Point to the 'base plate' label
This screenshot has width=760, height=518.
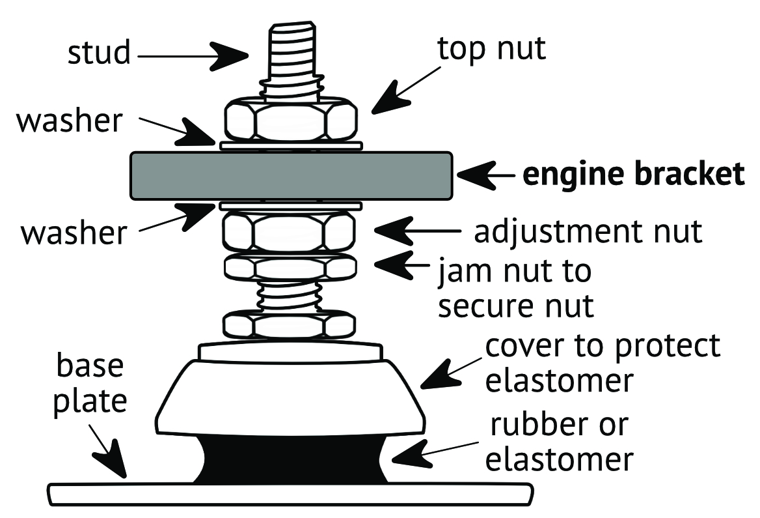pos(89,385)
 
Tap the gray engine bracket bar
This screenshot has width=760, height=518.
pos(291,176)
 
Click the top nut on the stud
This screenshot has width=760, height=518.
pos(291,121)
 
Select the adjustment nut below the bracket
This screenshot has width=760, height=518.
pos(290,232)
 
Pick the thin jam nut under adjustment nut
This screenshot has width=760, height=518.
pos(290,266)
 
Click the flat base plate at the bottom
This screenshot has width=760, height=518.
pos(291,493)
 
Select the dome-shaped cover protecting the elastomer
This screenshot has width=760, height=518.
pos(291,397)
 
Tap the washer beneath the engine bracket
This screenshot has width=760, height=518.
pos(291,206)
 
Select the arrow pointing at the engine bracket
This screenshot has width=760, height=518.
pos(482,175)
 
